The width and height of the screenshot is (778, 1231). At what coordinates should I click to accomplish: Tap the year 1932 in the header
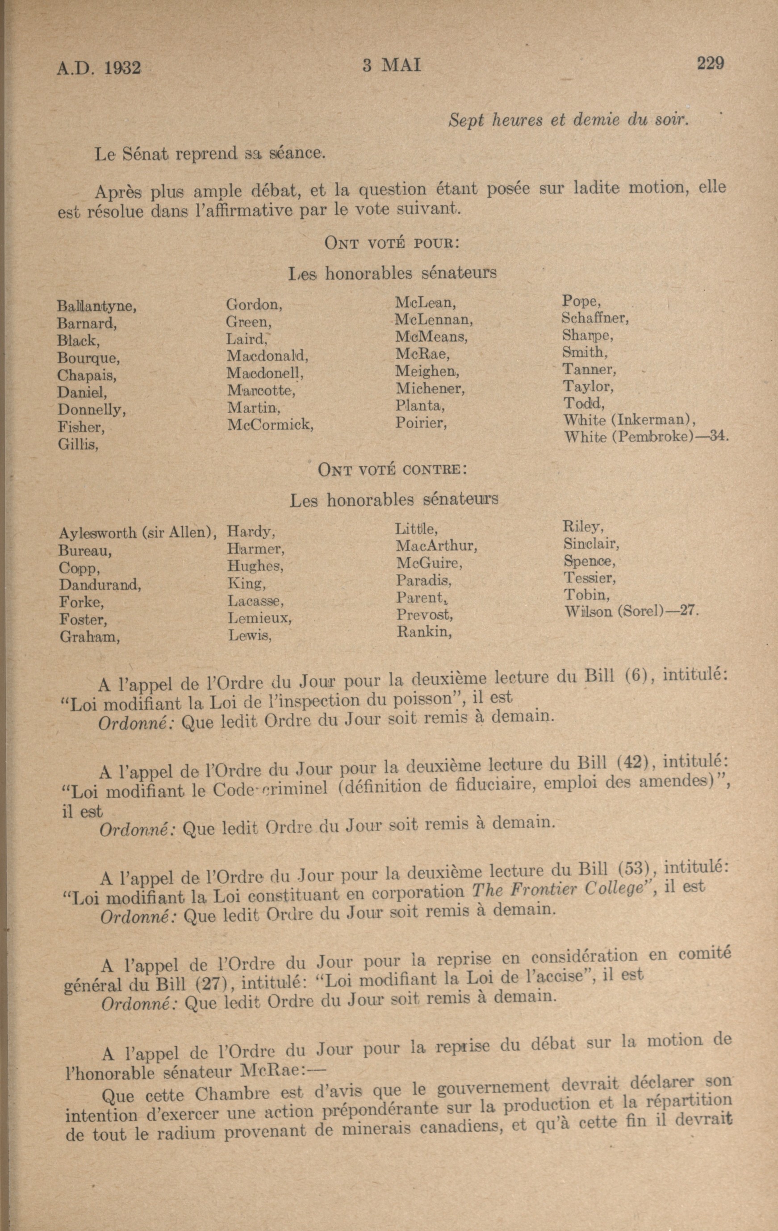tap(121, 68)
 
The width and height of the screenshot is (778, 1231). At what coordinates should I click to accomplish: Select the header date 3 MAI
tap(392, 66)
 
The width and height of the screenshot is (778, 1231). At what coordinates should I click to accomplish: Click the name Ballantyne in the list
tap(96, 307)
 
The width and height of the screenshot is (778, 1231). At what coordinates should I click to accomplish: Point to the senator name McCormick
tap(269, 424)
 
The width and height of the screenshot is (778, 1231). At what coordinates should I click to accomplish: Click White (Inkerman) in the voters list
tap(629, 420)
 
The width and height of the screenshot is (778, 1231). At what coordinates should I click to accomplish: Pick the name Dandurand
tap(100, 585)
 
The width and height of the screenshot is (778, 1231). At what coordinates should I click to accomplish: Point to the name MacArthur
tap(436, 546)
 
